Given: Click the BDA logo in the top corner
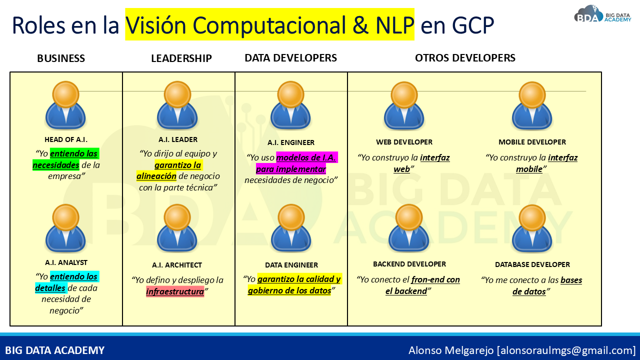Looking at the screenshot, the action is pyautogui.click(x=602, y=14).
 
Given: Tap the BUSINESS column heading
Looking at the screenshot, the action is pyautogui.click(x=61, y=58).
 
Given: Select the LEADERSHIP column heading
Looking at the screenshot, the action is pyautogui.click(x=181, y=58).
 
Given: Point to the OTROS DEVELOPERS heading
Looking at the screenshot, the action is pyautogui.click(x=465, y=58).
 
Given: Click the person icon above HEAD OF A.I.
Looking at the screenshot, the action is pyautogui.click(x=65, y=105).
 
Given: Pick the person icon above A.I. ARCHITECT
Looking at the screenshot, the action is pyautogui.click(x=177, y=228).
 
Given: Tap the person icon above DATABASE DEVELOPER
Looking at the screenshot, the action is pyautogui.click(x=532, y=228).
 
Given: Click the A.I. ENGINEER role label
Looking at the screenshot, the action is pyautogui.click(x=291, y=142).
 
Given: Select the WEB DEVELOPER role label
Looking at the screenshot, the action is pyautogui.click(x=404, y=142).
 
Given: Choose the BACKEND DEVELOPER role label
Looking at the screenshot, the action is pyautogui.click(x=409, y=264).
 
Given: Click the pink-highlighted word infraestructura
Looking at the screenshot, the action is pyautogui.click(x=175, y=291).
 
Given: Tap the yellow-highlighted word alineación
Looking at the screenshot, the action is pyautogui.click(x=156, y=176).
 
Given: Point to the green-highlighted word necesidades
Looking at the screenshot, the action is pyautogui.click(x=56, y=165).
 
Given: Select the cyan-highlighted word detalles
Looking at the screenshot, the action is pyautogui.click(x=50, y=287).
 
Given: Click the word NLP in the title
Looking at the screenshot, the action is pyautogui.click(x=395, y=25).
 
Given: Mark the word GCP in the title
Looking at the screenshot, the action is pyautogui.click(x=473, y=25).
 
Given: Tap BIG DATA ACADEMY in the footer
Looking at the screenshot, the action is pyautogui.click(x=55, y=350).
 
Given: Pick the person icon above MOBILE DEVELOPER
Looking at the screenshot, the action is pyautogui.click(x=532, y=105).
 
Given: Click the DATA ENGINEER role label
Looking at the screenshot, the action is pyautogui.click(x=291, y=265).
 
